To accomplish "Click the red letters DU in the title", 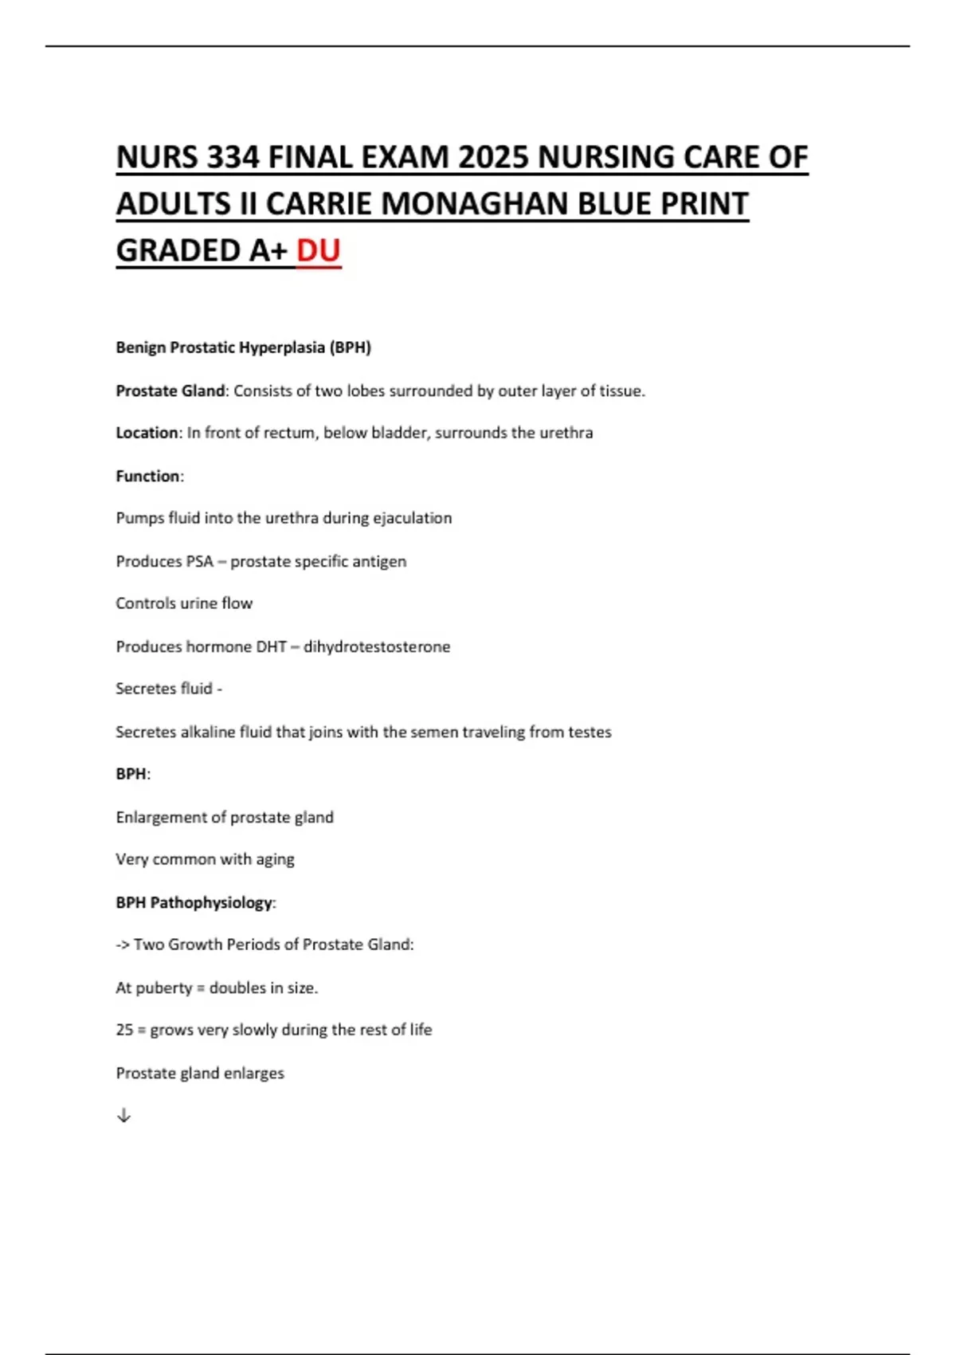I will pos(319,250).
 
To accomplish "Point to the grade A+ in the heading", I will pos(268,250).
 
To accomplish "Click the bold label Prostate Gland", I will pos(170,391).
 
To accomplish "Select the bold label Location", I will pos(147,433).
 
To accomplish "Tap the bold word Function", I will pos(148,476).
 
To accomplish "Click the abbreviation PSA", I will pos(199,561).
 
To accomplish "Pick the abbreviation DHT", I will pos(270,646).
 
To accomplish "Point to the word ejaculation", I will pos(412,518).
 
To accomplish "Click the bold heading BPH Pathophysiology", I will pos(194,902).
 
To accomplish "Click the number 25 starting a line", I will pos(124,1030).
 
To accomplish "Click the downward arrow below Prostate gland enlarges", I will pos(123,1116).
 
